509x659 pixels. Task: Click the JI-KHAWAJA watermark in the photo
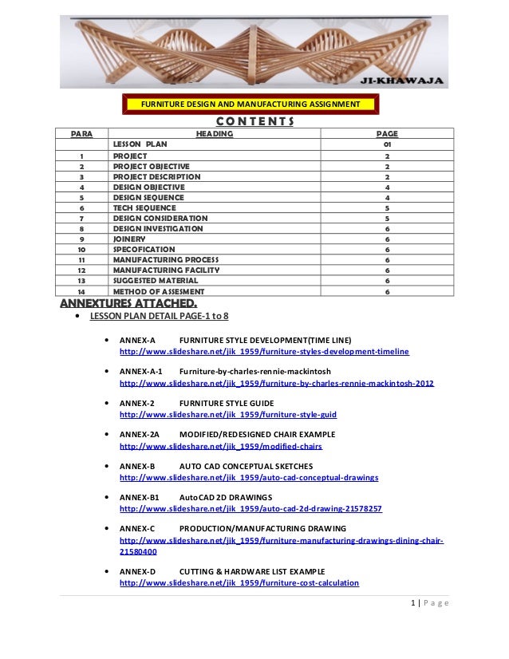coord(409,80)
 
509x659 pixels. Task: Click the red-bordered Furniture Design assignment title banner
coord(251,105)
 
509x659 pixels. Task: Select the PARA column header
coord(82,134)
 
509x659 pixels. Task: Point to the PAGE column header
coord(387,134)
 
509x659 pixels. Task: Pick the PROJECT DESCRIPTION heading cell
coord(156,176)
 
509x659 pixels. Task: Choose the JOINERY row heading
coord(129,239)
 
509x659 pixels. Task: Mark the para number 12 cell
coord(82,270)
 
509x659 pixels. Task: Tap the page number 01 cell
coord(387,144)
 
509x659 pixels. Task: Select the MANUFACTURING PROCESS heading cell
coord(162,260)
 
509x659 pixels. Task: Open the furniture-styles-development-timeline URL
coord(264,352)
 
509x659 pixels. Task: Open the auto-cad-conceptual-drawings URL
coord(249,478)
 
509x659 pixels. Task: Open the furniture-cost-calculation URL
coord(239,583)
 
